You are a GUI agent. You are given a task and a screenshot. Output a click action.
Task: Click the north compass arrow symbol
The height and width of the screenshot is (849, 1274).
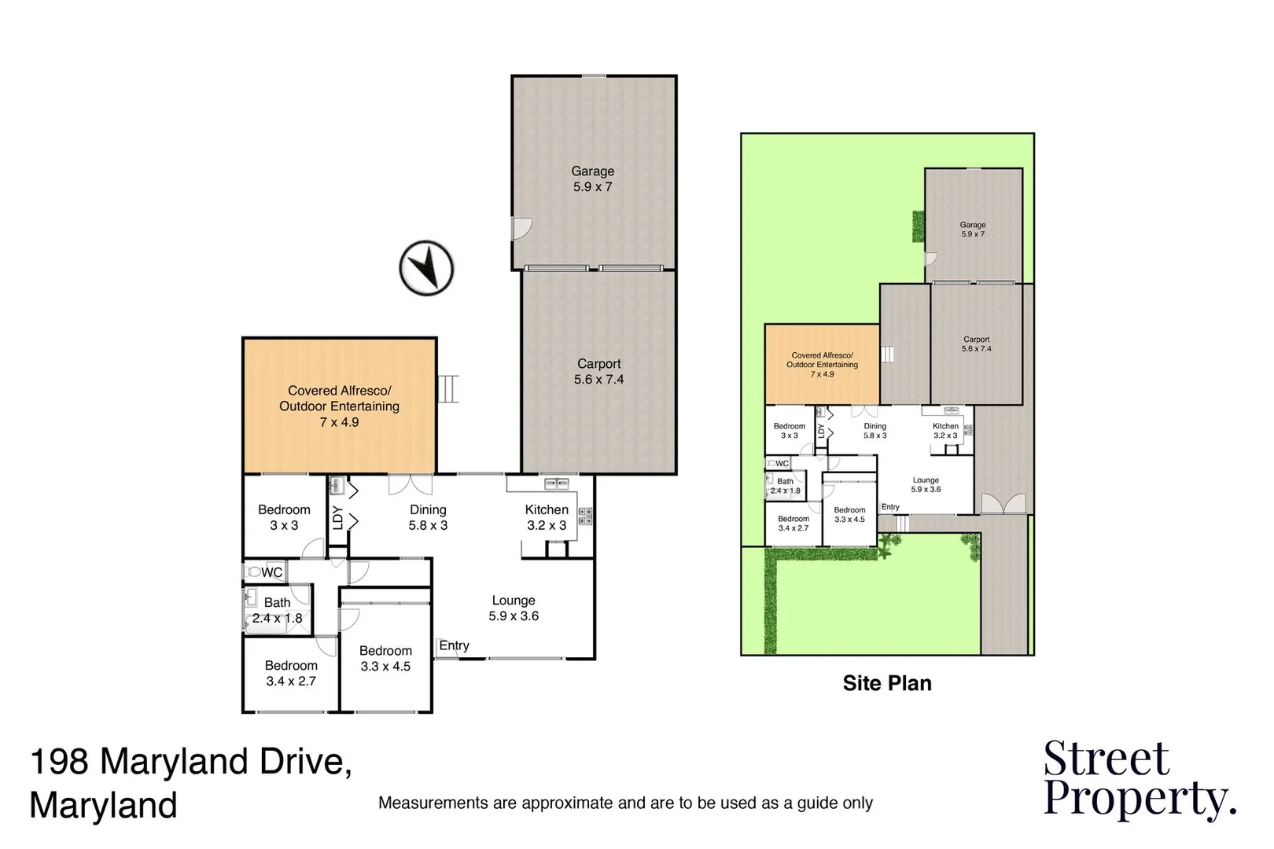pos(427,268)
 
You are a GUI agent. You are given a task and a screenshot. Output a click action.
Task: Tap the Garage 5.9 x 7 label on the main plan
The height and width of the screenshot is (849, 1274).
pos(593,179)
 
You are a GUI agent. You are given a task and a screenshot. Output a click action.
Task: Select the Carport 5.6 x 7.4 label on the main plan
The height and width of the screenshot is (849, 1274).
pos(598,372)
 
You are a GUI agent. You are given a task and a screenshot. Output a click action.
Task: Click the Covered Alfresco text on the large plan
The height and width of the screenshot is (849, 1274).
pos(339,391)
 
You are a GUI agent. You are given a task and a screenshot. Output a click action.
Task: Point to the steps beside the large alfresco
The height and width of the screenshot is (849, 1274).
pos(448,389)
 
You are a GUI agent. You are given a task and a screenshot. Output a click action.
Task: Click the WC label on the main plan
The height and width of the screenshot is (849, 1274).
pos(272,572)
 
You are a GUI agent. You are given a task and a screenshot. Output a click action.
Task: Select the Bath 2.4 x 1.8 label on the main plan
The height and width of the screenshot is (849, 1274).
pos(277,610)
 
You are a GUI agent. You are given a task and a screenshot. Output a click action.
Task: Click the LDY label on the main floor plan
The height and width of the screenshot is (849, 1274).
pos(337,517)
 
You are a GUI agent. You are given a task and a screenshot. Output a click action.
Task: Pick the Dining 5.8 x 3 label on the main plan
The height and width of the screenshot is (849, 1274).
pos(428,517)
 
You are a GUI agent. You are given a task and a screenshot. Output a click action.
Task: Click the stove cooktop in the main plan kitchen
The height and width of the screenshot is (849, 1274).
pos(586,516)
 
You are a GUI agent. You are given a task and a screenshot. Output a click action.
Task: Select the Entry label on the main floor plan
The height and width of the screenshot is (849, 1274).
pos(454,645)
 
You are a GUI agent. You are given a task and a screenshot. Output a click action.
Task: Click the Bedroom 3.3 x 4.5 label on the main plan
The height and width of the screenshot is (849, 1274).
pos(385,658)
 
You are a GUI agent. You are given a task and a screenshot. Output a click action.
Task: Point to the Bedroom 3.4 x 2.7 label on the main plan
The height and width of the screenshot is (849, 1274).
pos(291,673)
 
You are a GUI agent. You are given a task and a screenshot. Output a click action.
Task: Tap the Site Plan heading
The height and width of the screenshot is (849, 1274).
pos(887,683)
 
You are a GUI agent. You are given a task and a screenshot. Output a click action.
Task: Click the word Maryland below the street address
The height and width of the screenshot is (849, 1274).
pos(103,807)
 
